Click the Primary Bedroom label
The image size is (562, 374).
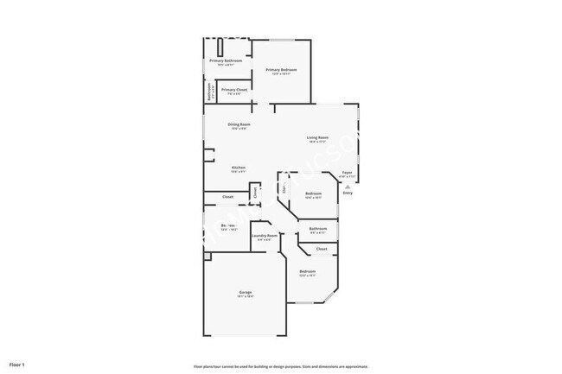281,70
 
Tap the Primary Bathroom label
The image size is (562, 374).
226,61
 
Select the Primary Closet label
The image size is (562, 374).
231,89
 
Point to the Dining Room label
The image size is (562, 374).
239,124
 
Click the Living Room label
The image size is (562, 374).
317,137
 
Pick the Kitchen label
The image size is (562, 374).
238,167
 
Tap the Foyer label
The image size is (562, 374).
347,173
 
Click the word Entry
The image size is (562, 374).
348,193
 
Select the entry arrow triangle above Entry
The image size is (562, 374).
348,187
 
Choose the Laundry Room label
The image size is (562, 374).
265,236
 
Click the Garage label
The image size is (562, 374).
246,293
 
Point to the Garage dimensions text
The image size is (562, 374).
246,296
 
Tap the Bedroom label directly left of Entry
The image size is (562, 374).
313,193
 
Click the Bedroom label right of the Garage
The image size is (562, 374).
308,271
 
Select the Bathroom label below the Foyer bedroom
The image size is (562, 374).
317,228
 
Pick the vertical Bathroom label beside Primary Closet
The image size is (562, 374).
208,92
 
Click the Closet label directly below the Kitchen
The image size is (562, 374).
227,197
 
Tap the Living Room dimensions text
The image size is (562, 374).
317,142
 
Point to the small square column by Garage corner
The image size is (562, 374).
207,256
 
